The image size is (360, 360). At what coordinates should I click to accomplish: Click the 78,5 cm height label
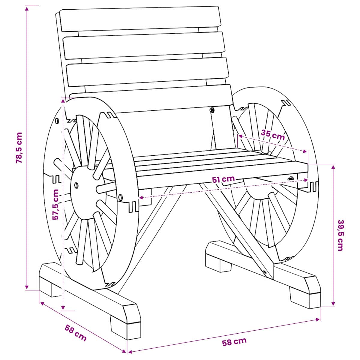(x=19, y=148)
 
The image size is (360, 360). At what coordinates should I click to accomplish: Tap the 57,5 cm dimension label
(x=56, y=205)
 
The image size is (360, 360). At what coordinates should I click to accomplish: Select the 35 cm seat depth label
(x=273, y=135)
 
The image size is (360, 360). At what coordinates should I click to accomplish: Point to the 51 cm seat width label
(x=223, y=179)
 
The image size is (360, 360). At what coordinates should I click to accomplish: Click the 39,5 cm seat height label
(x=340, y=235)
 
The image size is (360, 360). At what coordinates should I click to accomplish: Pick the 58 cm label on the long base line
(x=234, y=342)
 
